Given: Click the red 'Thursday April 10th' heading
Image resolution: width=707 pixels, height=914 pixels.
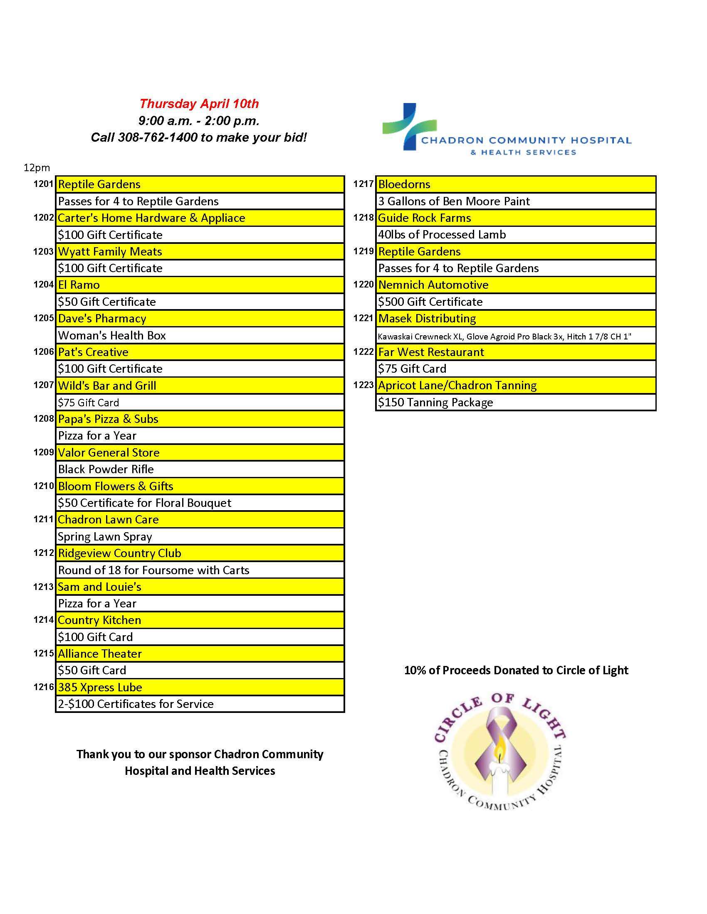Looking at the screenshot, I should (x=199, y=104).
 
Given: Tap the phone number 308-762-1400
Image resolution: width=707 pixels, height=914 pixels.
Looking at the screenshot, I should (x=158, y=137).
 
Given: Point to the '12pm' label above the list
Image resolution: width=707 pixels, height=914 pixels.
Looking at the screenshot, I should (x=37, y=168).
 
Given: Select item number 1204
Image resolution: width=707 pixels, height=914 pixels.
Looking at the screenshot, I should (x=44, y=285).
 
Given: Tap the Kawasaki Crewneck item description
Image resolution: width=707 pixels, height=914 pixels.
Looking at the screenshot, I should (x=504, y=336).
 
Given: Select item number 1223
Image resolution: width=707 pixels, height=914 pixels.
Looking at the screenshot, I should (x=363, y=385).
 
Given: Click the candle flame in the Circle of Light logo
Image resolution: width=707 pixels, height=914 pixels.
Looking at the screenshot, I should (x=499, y=754).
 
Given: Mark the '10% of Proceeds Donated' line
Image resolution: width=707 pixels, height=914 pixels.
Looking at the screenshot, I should (x=516, y=670).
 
